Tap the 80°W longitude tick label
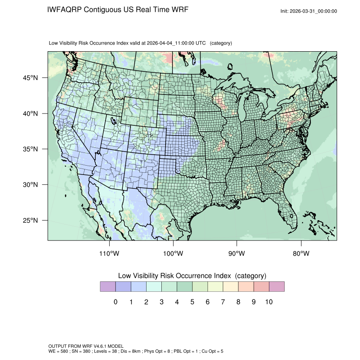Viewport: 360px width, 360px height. tap(301, 254)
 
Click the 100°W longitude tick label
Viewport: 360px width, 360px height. tap(173, 254)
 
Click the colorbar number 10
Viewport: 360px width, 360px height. tap(269, 302)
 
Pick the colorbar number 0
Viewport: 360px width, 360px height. tap(115, 302)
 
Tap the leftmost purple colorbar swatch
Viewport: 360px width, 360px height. tap(108, 287)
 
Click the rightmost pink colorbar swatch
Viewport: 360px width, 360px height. tap(277, 287)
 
